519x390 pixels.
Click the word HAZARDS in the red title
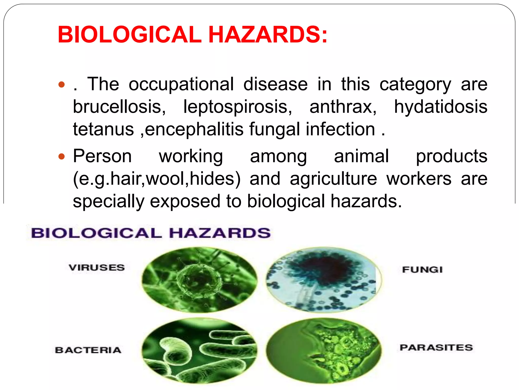(x=268, y=35)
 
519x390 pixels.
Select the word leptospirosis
(x=237, y=107)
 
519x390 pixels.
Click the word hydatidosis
(x=440, y=107)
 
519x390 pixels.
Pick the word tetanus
(x=103, y=129)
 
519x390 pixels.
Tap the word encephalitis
(x=194, y=129)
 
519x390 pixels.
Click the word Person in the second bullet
(x=102, y=156)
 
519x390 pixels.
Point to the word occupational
(x=181, y=84)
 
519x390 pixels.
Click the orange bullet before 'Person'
(x=61, y=156)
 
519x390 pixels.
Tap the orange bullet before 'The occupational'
(x=61, y=84)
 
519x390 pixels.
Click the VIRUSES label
(x=97, y=268)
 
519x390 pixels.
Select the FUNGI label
(x=422, y=269)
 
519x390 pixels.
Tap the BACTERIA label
(x=88, y=350)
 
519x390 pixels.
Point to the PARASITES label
(x=436, y=347)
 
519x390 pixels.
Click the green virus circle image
(x=199, y=280)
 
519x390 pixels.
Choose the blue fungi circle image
(x=324, y=280)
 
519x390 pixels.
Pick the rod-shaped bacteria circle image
(x=199, y=351)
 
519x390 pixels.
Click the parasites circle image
(x=324, y=351)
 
